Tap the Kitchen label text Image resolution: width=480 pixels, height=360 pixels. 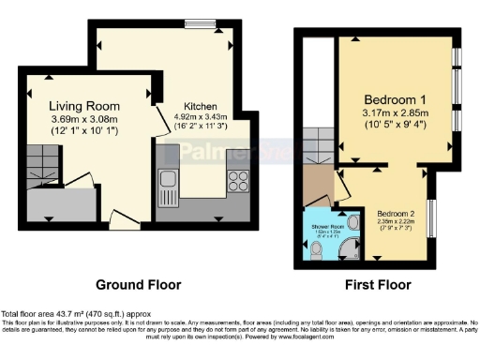click(195, 106)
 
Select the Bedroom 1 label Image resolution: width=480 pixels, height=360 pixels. click(396, 100)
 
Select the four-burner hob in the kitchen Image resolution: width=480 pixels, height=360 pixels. click(235, 179)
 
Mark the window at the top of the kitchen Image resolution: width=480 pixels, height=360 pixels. click(200, 25)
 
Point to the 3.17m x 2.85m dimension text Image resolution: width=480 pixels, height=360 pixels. click(397, 115)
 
